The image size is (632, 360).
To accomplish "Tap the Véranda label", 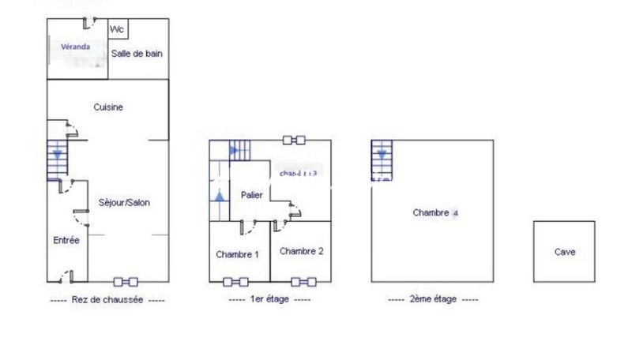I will pyautogui.click(x=76, y=47).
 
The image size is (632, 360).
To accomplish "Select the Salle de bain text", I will pyautogui.click(x=137, y=54).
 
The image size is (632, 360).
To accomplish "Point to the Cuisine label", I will pyautogui.click(x=108, y=107).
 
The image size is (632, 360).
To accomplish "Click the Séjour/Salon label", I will pyautogui.click(x=125, y=202).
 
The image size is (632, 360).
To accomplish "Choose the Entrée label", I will pyautogui.click(x=66, y=240).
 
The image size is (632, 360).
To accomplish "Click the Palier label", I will pyautogui.click(x=252, y=194).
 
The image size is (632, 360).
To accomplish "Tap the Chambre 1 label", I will pyautogui.click(x=238, y=254).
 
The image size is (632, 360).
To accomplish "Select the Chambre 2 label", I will pyautogui.click(x=301, y=251).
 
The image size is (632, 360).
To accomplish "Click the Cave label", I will pyautogui.click(x=565, y=253).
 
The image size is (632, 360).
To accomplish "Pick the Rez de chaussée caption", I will pyautogui.click(x=107, y=300).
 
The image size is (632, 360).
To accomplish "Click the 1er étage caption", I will pyautogui.click(x=269, y=300).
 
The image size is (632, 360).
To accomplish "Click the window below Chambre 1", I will pyautogui.click(x=236, y=281).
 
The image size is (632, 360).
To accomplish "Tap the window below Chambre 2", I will pyautogui.click(x=304, y=281).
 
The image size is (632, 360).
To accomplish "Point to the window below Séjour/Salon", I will pyautogui.click(x=125, y=281).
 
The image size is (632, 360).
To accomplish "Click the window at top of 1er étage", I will pyautogui.click(x=294, y=141).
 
